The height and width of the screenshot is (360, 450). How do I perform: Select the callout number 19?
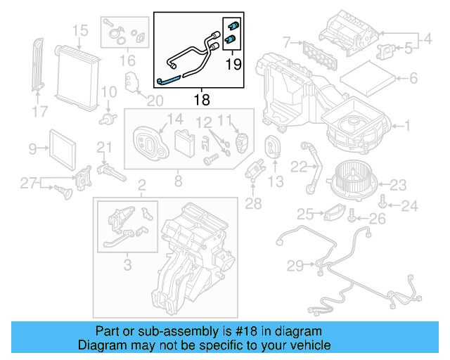click(x=232, y=65)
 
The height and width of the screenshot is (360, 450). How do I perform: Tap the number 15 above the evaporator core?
click(x=80, y=30)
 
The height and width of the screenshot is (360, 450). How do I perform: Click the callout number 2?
click(x=141, y=186)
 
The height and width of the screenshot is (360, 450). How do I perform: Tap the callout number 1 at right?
click(x=406, y=127)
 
